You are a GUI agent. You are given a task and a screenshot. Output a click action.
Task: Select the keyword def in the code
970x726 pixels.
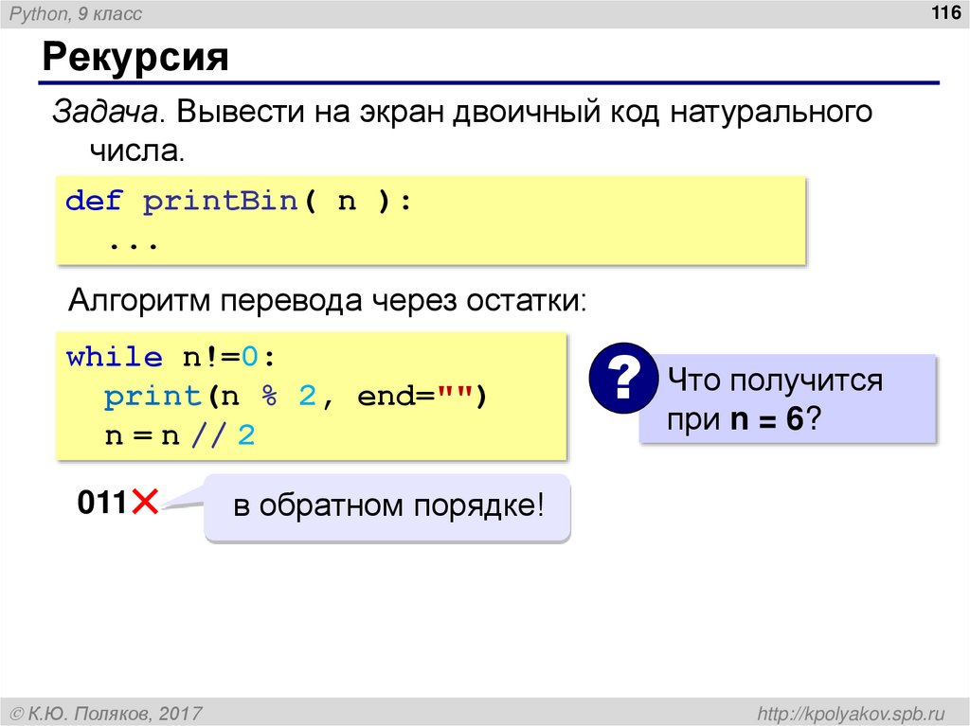94,202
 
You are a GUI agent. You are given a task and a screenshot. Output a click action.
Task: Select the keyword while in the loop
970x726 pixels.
114,358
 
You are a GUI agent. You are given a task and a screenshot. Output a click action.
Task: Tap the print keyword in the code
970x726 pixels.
152,397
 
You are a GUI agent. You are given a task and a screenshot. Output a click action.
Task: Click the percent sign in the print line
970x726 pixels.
269,397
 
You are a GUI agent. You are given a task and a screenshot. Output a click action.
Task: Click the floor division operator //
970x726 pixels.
208,436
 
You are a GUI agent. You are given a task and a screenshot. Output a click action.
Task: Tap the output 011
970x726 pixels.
102,503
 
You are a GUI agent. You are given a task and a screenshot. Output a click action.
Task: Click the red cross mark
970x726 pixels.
145,503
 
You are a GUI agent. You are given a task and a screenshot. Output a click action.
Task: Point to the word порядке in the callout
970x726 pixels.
477,505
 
